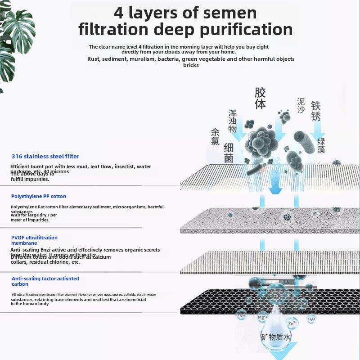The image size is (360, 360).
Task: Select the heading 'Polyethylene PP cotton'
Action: [39, 196]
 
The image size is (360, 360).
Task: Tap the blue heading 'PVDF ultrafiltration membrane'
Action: [34, 240]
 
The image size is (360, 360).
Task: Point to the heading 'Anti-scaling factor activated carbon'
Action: [45, 281]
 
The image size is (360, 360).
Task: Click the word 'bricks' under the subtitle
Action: [191, 65]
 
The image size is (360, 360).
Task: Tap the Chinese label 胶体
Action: [260, 99]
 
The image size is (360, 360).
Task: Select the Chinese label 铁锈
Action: [316, 110]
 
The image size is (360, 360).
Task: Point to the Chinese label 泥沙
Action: [301, 106]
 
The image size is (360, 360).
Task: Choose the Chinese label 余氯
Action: [215, 137]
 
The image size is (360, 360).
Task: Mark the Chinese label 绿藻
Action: [333, 145]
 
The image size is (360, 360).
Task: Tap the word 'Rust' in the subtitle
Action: [93, 59]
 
